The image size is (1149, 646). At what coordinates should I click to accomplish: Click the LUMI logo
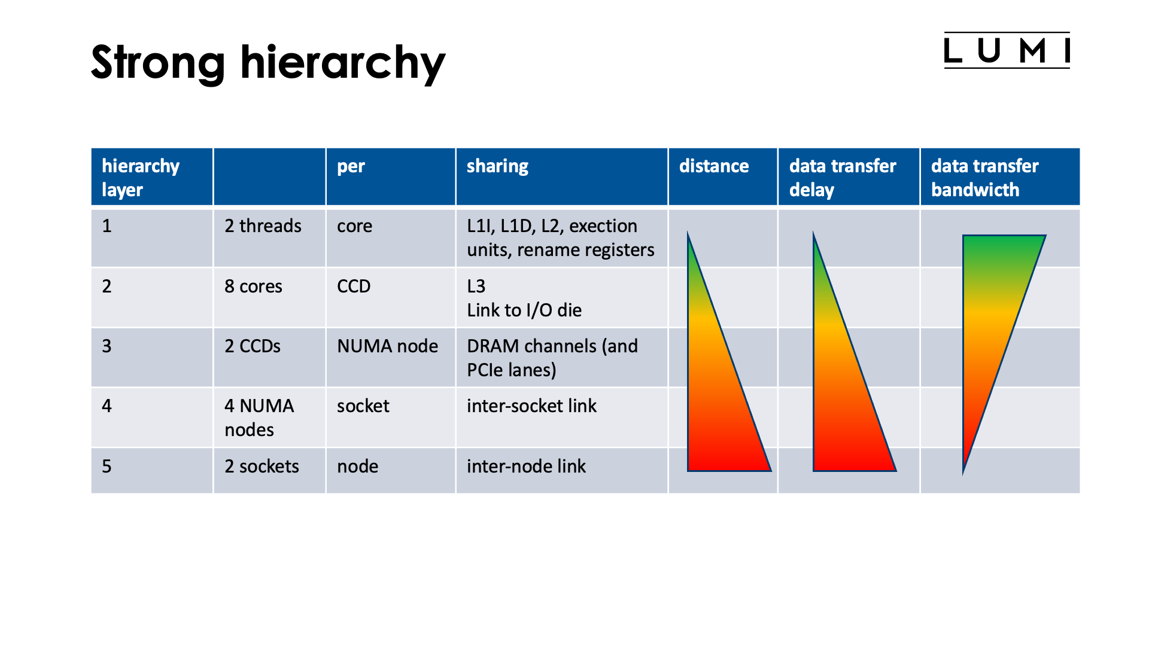click(x=1007, y=50)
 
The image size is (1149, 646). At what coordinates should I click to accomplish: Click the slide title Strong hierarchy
click(x=268, y=63)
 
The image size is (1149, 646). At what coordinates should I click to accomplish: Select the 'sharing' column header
click(x=498, y=166)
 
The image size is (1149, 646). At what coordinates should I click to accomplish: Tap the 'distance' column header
click(x=714, y=166)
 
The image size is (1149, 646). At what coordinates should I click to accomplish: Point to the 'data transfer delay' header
click(x=843, y=177)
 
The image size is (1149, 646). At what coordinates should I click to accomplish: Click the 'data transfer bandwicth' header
click(x=984, y=177)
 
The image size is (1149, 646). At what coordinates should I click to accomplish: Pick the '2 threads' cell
click(x=263, y=226)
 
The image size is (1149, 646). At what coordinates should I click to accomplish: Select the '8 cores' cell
click(x=253, y=287)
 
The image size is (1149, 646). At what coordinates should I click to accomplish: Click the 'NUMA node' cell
click(x=387, y=346)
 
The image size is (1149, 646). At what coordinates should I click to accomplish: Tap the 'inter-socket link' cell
click(x=531, y=406)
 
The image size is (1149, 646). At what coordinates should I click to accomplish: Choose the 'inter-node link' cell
click(x=526, y=467)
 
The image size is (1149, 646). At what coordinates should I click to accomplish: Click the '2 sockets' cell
click(x=262, y=467)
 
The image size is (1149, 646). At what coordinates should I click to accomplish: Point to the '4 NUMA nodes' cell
click(x=259, y=418)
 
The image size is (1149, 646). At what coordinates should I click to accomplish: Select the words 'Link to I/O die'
click(x=524, y=310)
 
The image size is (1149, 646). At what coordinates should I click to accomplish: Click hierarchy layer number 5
click(x=107, y=467)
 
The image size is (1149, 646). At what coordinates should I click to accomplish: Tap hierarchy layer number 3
click(x=107, y=346)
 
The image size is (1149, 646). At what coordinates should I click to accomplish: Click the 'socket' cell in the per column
click(x=363, y=406)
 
